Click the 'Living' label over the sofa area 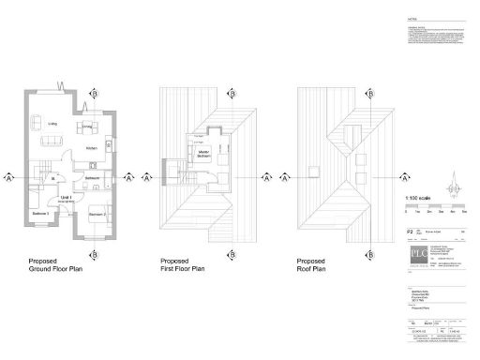tap(52, 124)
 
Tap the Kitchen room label tap(91, 148)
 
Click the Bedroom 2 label tap(97, 215)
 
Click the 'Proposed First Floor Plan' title tap(184, 267)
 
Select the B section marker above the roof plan tap(364, 94)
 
